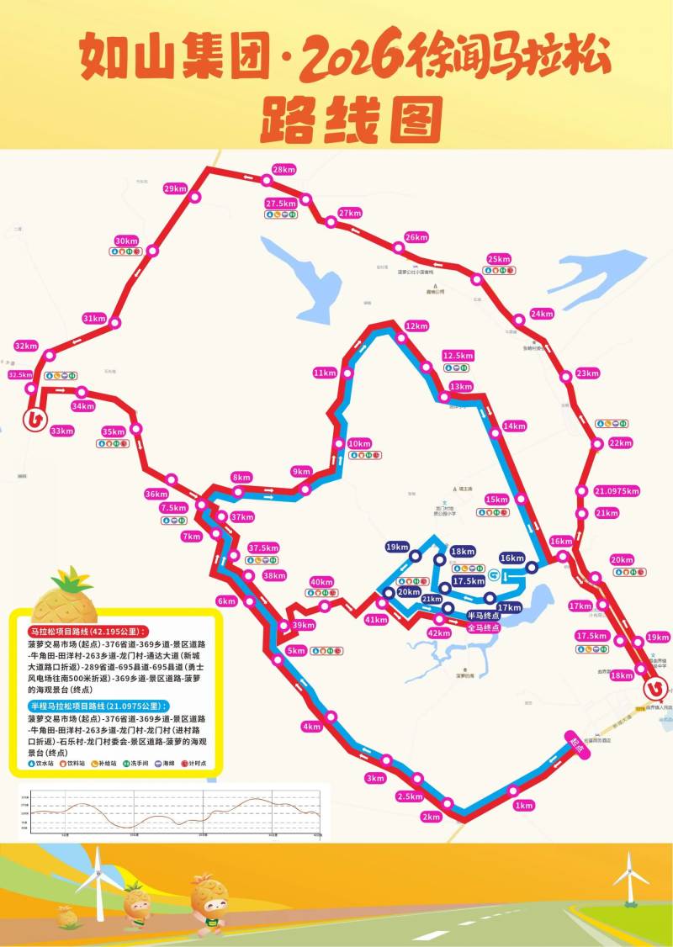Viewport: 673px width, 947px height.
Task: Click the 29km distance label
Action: click(x=176, y=188)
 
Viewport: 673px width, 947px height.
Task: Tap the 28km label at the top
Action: click(x=284, y=169)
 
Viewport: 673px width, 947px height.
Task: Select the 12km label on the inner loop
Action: click(x=416, y=325)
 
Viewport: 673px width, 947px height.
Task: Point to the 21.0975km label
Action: click(x=617, y=491)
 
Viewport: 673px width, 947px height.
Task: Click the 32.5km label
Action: click(x=20, y=375)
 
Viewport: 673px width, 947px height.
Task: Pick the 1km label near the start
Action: click(x=524, y=805)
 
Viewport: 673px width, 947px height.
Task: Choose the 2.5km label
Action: click(x=409, y=796)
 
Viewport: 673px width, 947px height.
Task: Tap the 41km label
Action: click(x=376, y=620)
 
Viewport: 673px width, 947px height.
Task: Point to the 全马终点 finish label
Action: click(x=483, y=627)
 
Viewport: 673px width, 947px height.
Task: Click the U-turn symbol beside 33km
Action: click(x=34, y=419)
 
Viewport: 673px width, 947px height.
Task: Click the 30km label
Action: click(x=126, y=241)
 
